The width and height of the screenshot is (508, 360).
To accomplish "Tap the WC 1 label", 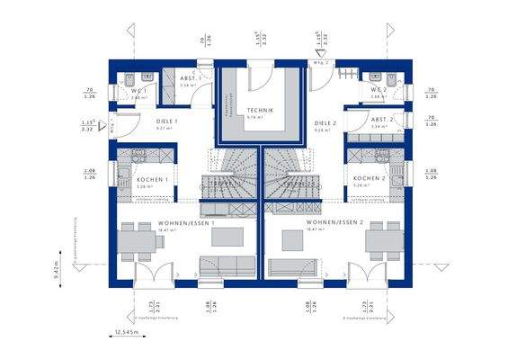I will click(138, 90).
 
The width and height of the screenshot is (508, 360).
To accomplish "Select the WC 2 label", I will click(379, 90).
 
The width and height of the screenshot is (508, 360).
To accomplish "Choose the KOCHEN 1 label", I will click(153, 179).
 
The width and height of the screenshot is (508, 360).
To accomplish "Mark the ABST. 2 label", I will click(382, 119).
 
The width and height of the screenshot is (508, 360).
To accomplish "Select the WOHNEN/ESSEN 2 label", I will click(334, 221).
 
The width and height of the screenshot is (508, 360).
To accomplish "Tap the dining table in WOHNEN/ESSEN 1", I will click(138, 240).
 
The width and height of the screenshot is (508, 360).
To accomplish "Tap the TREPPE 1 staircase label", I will click(224, 184).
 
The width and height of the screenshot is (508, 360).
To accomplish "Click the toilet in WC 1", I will click(131, 76).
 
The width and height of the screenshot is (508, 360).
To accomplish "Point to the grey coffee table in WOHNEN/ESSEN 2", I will click(292, 238).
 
